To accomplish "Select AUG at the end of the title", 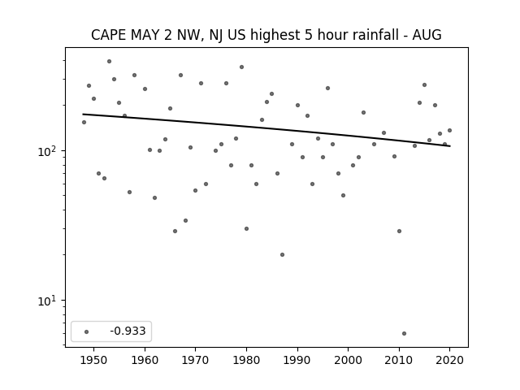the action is click(x=427, y=35).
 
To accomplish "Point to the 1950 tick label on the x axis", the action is click(x=94, y=360).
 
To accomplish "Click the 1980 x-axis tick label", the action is click(x=246, y=360).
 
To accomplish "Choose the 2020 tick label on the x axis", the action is click(x=449, y=360).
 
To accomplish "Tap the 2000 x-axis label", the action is click(x=349, y=360).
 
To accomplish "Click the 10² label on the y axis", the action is click(x=48, y=151).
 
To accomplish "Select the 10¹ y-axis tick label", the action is click(x=48, y=301).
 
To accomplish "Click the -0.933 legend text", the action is click(x=128, y=331).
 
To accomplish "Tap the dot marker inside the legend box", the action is click(x=87, y=331).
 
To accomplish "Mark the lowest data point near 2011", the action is click(x=404, y=334).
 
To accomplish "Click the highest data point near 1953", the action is click(x=109, y=62).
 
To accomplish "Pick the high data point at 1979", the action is click(x=242, y=67).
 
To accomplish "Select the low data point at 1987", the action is click(x=282, y=254).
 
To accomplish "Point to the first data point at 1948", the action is click(x=84, y=123).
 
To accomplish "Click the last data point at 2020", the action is click(x=449, y=130).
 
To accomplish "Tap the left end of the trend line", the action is click(x=83, y=114).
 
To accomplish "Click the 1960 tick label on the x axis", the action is click(x=145, y=360).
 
